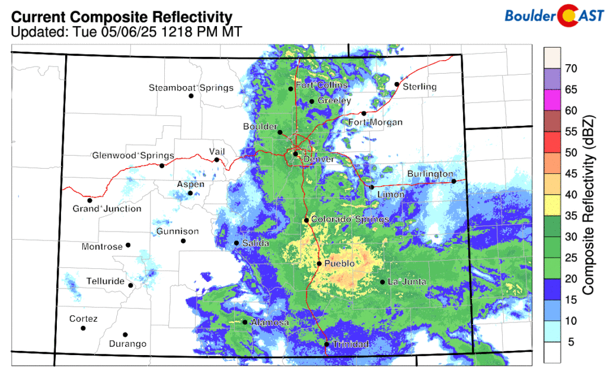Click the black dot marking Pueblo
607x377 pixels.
(319, 264)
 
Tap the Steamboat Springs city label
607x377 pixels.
(191, 88)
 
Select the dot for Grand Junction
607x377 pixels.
(90, 200)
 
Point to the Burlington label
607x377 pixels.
(430, 174)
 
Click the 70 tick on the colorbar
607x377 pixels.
(571, 68)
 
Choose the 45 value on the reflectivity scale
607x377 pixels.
(571, 173)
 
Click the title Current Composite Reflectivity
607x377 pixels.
(122, 17)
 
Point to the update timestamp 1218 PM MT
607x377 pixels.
(205, 31)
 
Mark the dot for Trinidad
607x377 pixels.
(326, 344)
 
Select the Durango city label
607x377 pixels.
(127, 344)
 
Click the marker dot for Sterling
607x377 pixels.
(397, 84)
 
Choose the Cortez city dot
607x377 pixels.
(83, 328)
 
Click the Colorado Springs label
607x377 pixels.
(350, 220)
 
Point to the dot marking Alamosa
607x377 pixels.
(245, 322)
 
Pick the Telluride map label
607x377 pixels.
(105, 280)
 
